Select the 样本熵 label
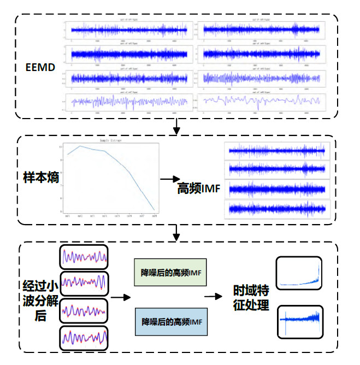pos(37,178)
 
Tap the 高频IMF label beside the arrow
pos(199,188)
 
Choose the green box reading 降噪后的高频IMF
pos(170,272)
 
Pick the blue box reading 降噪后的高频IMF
pos(170,322)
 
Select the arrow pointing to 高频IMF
pos(170,179)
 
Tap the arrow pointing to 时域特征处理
pos(213,297)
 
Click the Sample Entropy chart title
pos(109,140)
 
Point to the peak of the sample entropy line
pos(81,146)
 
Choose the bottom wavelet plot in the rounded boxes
pos(84,340)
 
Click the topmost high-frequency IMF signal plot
pos(276,151)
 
